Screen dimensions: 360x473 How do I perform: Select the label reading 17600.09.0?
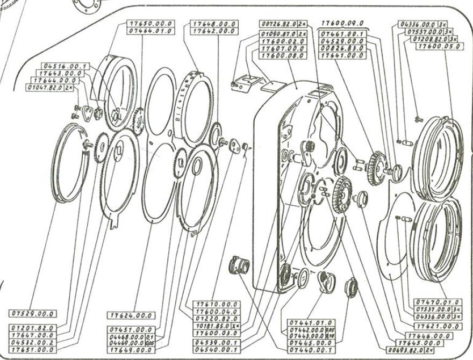(x=343, y=23)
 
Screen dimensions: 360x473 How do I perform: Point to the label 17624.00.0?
(x=131, y=315)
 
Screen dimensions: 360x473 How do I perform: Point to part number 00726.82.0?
(x=279, y=25)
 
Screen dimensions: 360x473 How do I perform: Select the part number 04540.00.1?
(x=217, y=349)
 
